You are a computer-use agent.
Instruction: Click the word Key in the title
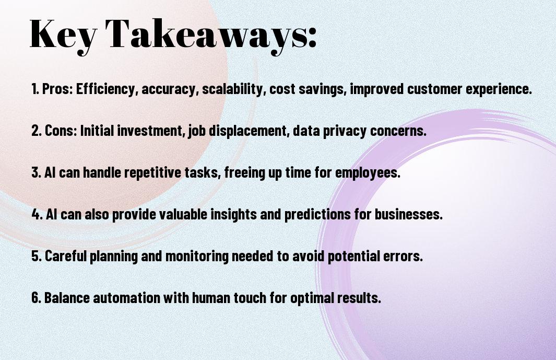tap(63, 34)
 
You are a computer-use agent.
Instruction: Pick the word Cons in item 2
tap(61, 131)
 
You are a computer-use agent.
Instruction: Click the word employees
tap(368, 173)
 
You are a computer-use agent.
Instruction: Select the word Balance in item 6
tap(67, 297)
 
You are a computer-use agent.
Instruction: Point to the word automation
tap(126, 297)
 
